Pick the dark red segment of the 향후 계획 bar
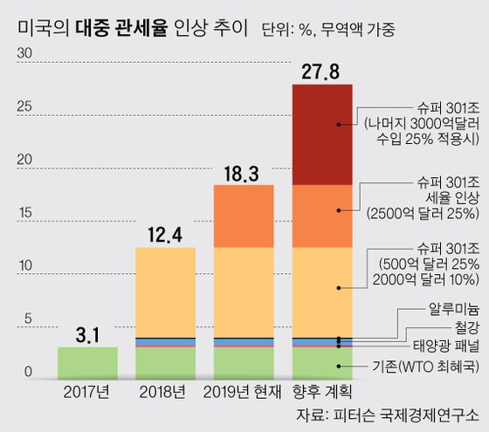click(x=321, y=134)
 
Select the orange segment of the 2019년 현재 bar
click(x=244, y=216)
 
